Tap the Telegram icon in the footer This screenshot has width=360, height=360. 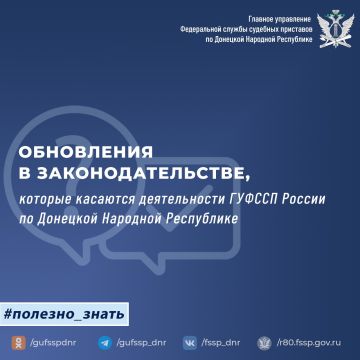(x=105, y=341)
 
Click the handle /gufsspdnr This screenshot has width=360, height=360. (x=49, y=341)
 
